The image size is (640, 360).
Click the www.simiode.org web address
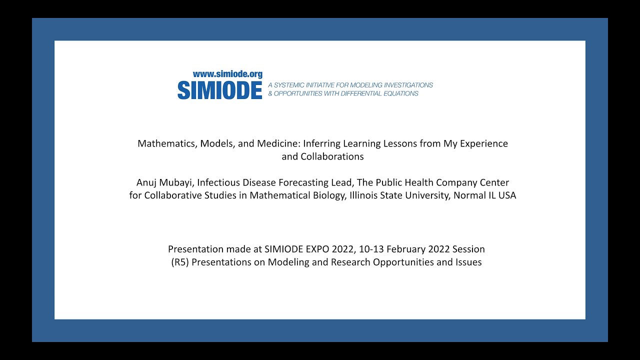[227, 74]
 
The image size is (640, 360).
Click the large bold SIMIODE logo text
[220, 90]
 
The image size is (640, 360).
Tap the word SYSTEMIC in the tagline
[292, 85]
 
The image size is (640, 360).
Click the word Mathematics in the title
[167, 144]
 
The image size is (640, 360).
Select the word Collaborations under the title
[332, 156]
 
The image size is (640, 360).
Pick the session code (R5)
[179, 262]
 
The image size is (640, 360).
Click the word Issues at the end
[467, 262]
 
